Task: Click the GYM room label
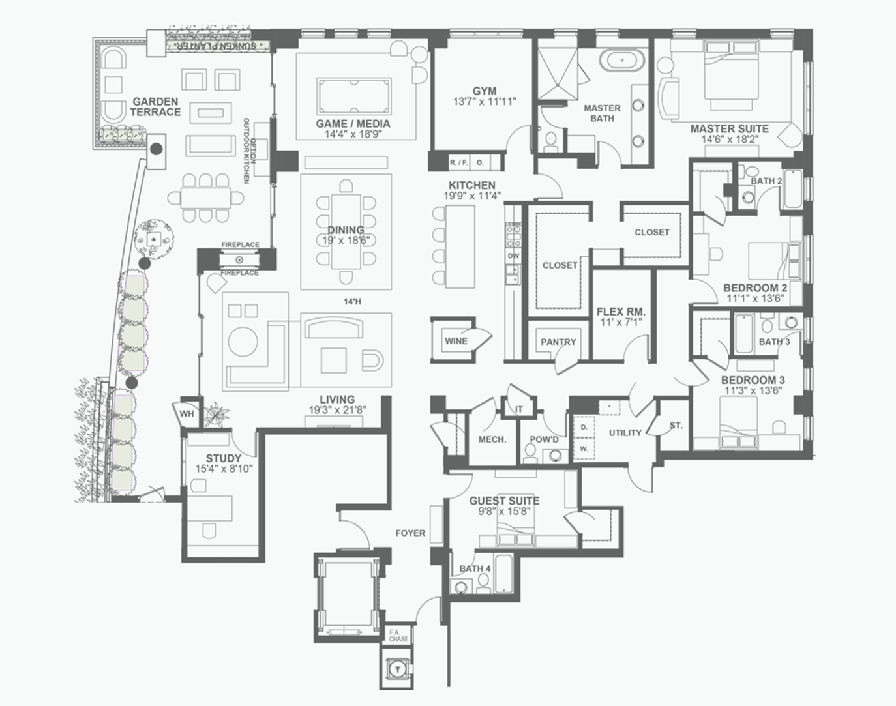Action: [x=485, y=91]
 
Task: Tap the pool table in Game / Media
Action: [x=354, y=96]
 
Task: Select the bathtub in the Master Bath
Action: [x=622, y=61]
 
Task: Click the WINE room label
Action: [x=456, y=342]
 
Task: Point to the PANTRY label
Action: [x=558, y=342]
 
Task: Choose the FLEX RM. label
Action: [x=621, y=312]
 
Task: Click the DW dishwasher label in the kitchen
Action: [x=513, y=256]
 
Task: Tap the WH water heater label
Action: [x=187, y=414]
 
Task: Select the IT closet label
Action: [x=519, y=409]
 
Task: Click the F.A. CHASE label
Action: [x=398, y=635]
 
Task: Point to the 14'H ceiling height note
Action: [x=352, y=301]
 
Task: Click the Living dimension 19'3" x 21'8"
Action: [x=337, y=410]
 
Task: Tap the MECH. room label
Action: [x=492, y=439]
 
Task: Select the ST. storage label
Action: [x=676, y=426]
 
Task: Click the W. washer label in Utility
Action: [x=584, y=449]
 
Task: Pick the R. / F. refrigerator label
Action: [x=458, y=163]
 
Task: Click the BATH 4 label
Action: [x=475, y=568]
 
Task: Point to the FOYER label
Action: [x=410, y=533]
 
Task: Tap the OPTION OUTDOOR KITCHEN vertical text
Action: [x=250, y=151]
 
